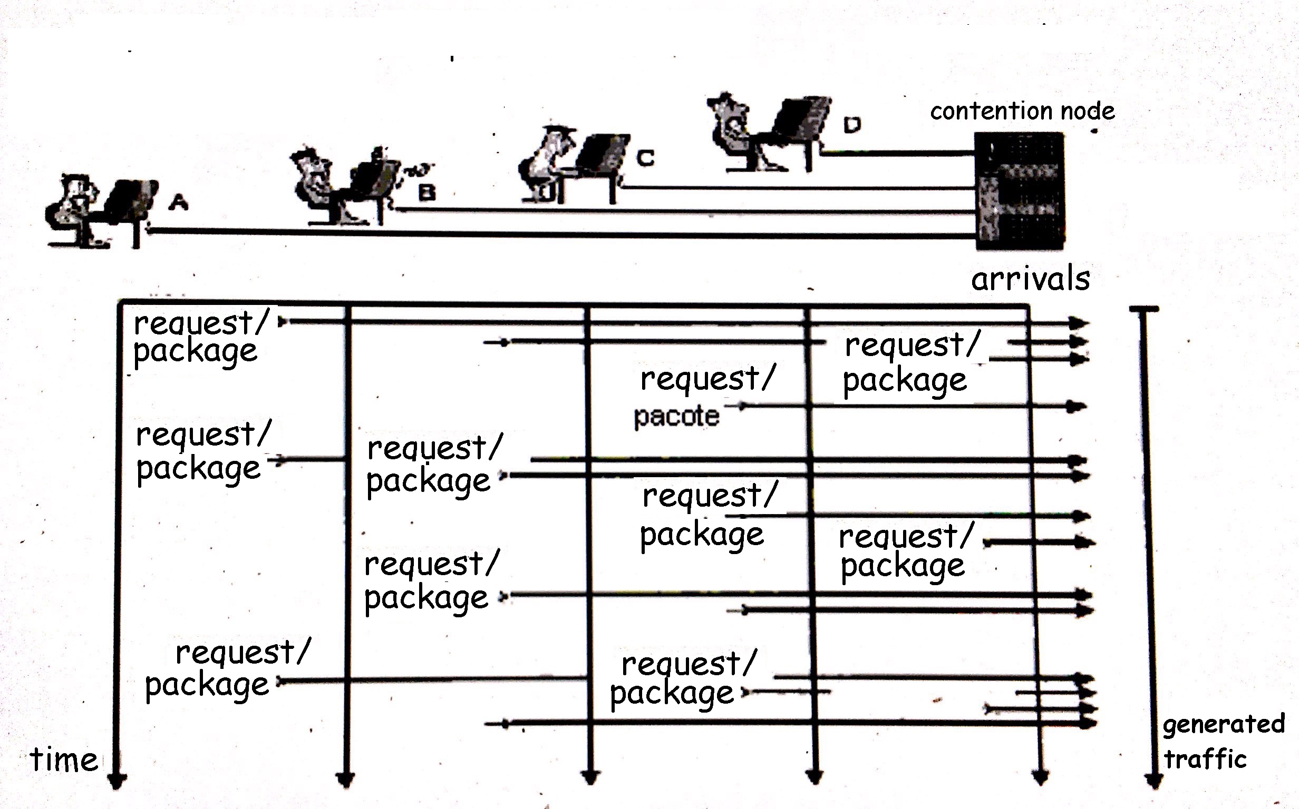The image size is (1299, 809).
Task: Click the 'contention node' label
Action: point(1022,111)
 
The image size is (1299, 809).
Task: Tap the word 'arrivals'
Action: point(1030,279)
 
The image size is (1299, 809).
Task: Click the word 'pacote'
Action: point(676,416)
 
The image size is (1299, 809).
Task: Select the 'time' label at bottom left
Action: point(64,759)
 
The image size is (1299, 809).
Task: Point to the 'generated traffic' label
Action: point(1223,742)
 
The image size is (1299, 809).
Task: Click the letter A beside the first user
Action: point(178,202)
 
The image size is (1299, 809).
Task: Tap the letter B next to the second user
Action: point(426,192)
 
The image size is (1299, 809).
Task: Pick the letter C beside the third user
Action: point(645,158)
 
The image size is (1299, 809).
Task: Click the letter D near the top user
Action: point(852,125)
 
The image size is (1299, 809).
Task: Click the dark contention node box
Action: point(1019,191)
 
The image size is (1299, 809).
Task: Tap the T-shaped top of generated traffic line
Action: point(1144,309)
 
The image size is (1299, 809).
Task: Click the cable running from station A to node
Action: point(536,234)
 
